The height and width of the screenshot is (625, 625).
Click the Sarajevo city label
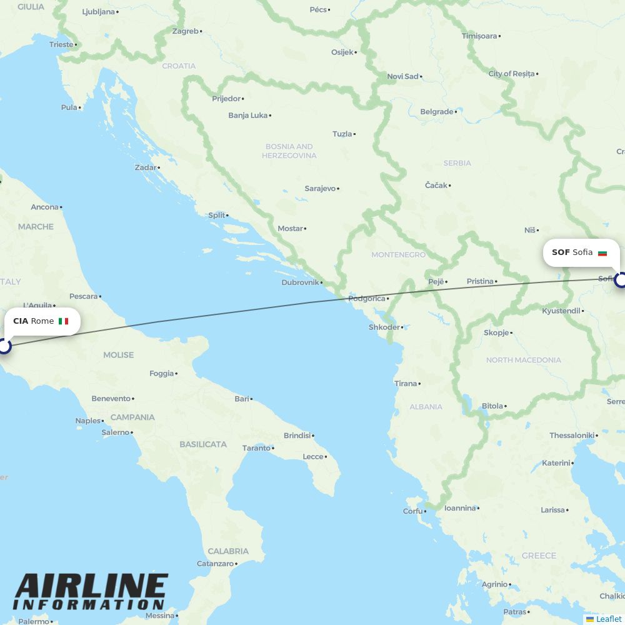(x=320, y=188)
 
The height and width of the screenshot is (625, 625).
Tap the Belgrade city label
(x=437, y=112)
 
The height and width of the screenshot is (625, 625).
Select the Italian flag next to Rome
(x=63, y=321)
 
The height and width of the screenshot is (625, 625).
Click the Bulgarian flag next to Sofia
(x=602, y=253)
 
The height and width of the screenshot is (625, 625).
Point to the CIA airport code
(x=21, y=321)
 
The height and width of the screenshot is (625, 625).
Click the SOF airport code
(x=561, y=252)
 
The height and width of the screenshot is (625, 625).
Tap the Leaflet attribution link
(x=608, y=619)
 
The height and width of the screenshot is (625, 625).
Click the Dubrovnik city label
(x=300, y=282)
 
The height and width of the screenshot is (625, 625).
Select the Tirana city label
(x=406, y=384)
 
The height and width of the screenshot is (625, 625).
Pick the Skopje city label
(x=496, y=332)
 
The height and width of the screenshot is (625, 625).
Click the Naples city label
(x=87, y=421)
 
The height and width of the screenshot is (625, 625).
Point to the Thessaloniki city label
(x=571, y=435)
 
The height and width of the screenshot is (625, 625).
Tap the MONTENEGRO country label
(x=398, y=255)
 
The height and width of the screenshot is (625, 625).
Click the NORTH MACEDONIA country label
(x=523, y=360)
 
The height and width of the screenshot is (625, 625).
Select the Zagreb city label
(x=185, y=31)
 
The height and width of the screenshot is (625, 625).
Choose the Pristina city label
(x=480, y=281)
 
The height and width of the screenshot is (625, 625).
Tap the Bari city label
(x=241, y=399)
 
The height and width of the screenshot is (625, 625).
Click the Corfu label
(x=412, y=511)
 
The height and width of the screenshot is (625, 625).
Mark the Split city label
(x=216, y=215)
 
